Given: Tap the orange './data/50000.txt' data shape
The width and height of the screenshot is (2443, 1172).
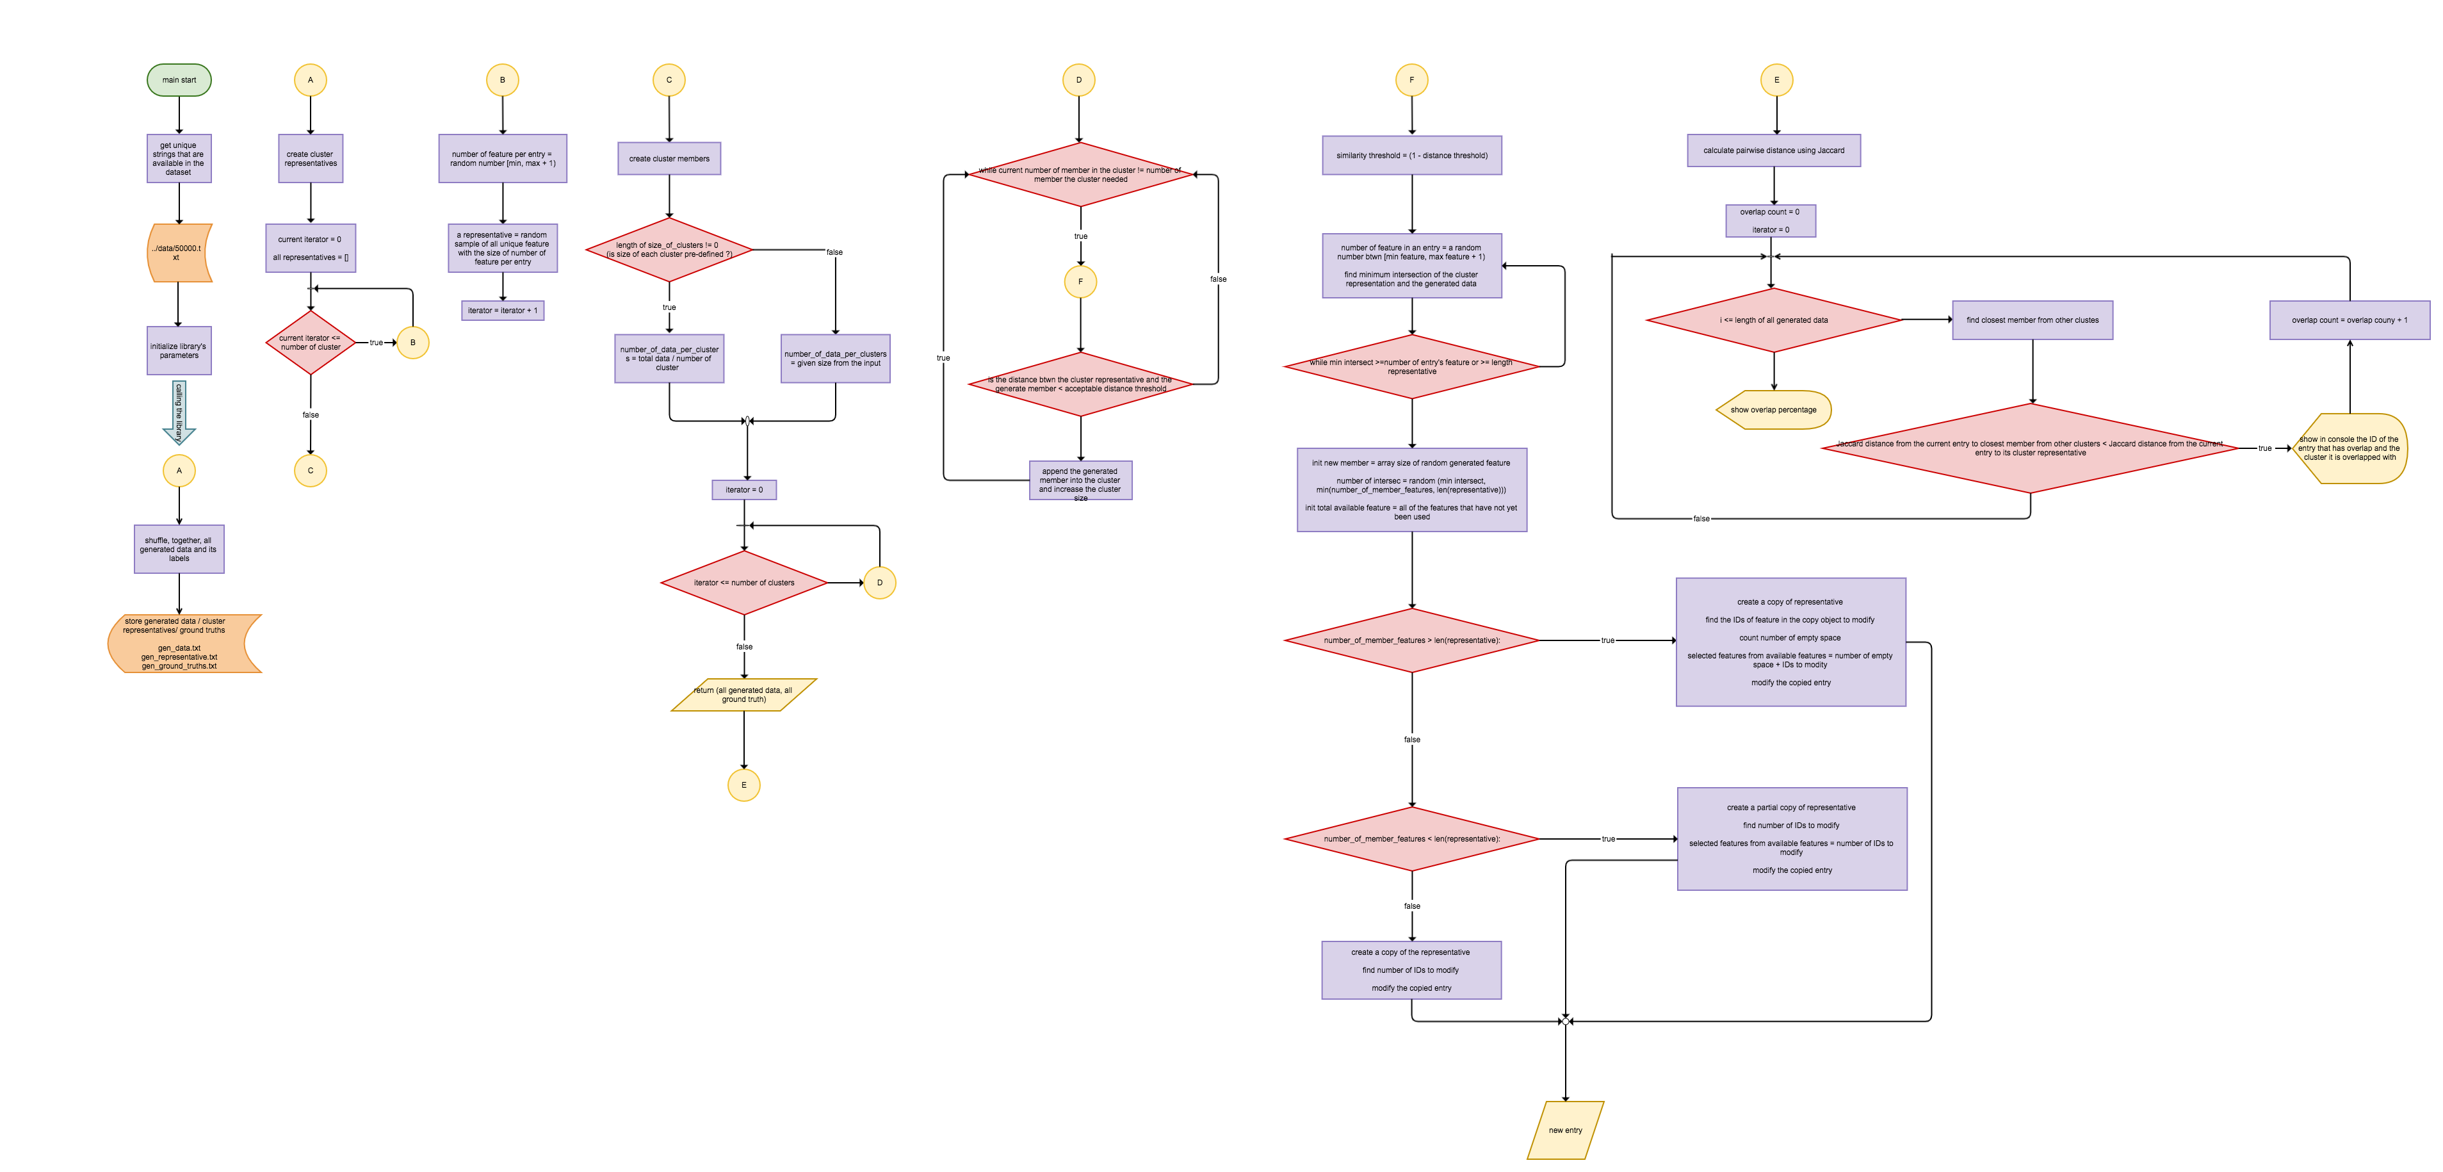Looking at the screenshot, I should click(x=178, y=252).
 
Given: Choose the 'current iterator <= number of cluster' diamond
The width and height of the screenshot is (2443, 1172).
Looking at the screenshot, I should click(x=310, y=342).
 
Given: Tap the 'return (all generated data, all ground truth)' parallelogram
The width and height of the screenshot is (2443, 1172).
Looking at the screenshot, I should click(x=743, y=695).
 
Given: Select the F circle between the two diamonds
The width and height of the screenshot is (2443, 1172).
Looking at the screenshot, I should click(x=1080, y=282).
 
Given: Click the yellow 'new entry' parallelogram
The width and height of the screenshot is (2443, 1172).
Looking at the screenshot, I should click(x=1565, y=1130).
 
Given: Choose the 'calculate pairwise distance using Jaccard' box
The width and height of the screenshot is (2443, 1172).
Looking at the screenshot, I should click(x=1773, y=151).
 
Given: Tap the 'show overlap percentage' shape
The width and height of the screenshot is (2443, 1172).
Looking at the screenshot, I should click(x=1773, y=410).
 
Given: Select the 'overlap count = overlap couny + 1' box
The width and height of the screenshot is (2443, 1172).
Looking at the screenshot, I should click(x=2349, y=320).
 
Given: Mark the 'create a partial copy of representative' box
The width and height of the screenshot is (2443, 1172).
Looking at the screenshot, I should click(x=1792, y=839).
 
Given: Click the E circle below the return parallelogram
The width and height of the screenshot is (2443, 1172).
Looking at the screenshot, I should click(x=743, y=785).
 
